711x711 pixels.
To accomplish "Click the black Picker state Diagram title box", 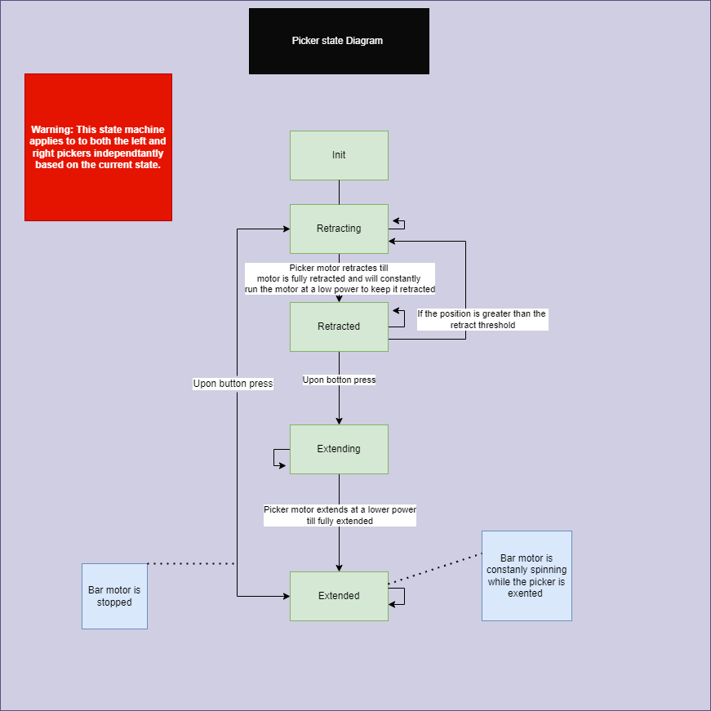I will [x=339, y=41].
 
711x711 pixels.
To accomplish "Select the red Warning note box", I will [x=98, y=147].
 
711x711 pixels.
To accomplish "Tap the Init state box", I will [x=339, y=155].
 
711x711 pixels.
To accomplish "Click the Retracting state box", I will [x=339, y=229].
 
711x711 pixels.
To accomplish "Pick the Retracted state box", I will [x=339, y=327].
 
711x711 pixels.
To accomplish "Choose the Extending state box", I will [x=339, y=449].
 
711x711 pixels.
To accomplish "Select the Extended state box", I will [x=339, y=596].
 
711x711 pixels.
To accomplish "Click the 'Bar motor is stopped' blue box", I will [x=114, y=596].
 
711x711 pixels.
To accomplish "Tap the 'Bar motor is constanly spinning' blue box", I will [x=527, y=575].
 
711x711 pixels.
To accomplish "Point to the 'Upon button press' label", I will [x=233, y=383].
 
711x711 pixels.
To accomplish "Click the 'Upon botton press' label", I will [x=339, y=380].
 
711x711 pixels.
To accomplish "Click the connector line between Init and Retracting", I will [x=339, y=192].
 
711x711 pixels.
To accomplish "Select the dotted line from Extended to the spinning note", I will [x=435, y=569].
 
